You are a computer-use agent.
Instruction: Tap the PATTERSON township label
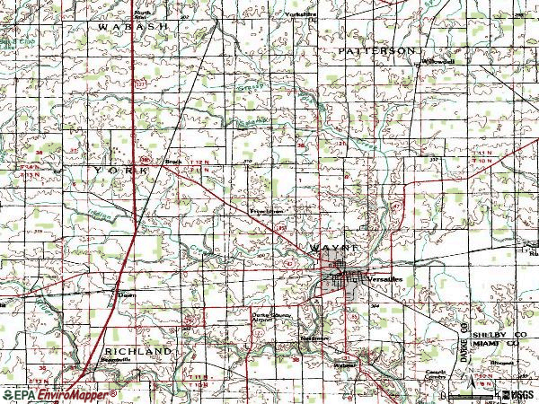[378, 51]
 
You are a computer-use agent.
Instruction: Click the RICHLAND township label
[137, 350]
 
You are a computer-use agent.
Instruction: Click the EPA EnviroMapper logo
[58, 394]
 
